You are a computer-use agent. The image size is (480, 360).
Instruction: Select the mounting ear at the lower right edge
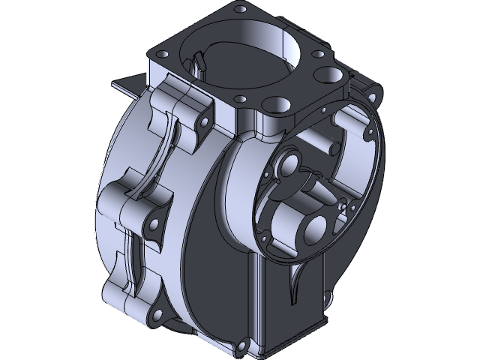click(327, 301)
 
